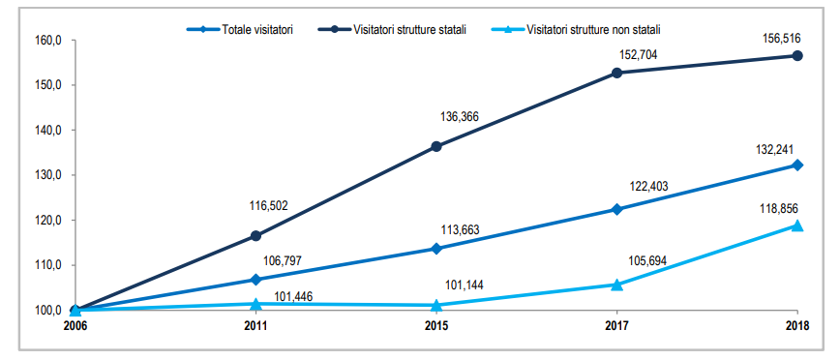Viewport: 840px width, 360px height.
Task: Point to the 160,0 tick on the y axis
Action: [48, 41]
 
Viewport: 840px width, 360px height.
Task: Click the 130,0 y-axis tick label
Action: [48, 175]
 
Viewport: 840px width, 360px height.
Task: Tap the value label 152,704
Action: [638, 55]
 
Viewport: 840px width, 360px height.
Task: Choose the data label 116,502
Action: [269, 205]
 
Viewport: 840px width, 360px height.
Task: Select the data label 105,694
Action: [646, 261]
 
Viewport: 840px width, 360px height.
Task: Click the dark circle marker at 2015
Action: [436, 146]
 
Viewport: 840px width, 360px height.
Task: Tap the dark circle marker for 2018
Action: [797, 56]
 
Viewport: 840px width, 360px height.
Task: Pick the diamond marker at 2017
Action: [616, 209]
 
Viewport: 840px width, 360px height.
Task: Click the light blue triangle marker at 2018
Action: [797, 225]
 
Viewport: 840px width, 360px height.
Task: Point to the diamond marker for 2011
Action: [255, 280]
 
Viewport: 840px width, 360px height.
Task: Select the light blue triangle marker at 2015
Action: [436, 305]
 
